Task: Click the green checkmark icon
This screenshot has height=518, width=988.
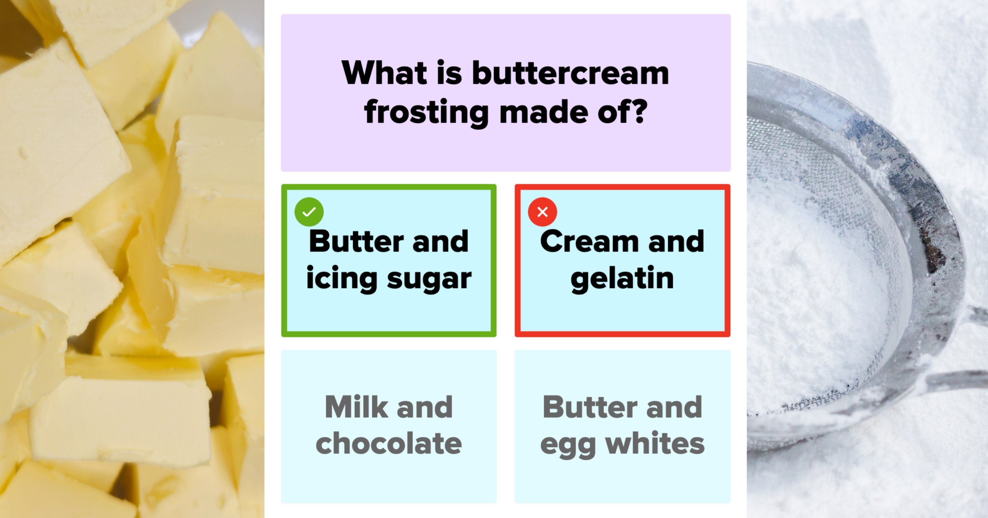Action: coord(309,211)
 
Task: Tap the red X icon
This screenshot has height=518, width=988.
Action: coord(542,211)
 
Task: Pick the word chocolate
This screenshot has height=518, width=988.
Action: coord(388,444)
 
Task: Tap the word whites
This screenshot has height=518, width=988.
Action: coord(655,444)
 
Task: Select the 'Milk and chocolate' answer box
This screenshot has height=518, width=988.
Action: coord(388,426)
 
